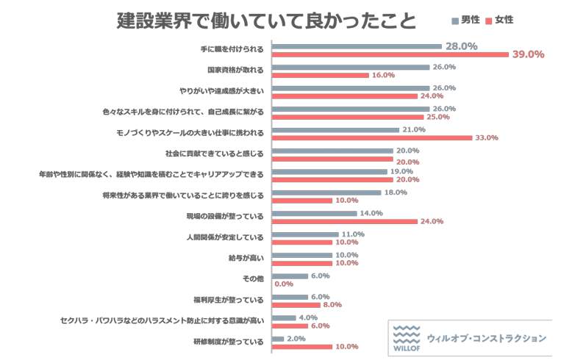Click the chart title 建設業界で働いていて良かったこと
pyautogui.click(x=265, y=20)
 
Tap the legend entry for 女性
pyautogui.click(x=499, y=20)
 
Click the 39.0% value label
pyautogui.click(x=528, y=54)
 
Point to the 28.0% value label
pyautogui.click(x=462, y=46)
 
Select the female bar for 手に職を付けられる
pyautogui.click(x=390, y=54)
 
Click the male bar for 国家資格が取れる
pyautogui.click(x=350, y=67)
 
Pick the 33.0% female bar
pyautogui.click(x=372, y=137)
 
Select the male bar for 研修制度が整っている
pyautogui.click(x=278, y=338)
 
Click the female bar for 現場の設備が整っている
pyautogui.click(x=344, y=221)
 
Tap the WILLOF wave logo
pyautogui.click(x=407, y=338)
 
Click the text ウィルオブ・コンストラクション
pyautogui.click(x=486, y=338)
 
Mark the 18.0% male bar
pyautogui.click(x=326, y=192)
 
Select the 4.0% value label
pyautogui.click(x=308, y=317)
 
